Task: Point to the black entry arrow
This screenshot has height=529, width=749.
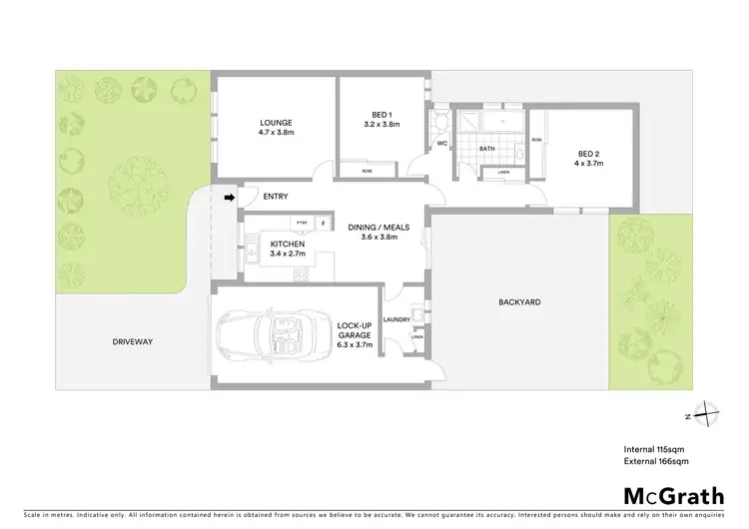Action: coord(229,198)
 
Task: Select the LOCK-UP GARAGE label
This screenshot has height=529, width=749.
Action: coord(355,334)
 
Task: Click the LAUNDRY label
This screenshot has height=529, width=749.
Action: coord(396,319)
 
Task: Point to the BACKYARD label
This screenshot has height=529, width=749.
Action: coord(519,300)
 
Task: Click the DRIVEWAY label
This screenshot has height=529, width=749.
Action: coord(132,341)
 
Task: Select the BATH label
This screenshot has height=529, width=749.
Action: coord(487,149)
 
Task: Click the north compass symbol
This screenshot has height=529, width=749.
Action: coord(705,413)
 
